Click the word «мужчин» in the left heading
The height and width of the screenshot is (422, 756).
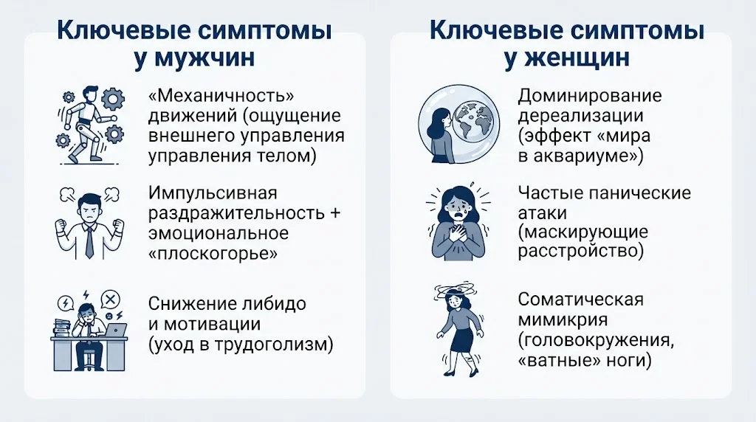[205, 58]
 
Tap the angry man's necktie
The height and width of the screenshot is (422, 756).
[89, 241]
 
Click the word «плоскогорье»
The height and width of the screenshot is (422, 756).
[213, 253]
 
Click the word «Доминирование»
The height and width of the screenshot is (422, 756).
[590, 96]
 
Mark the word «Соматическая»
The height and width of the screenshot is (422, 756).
[580, 299]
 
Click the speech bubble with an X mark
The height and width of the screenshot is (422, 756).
[111, 300]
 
